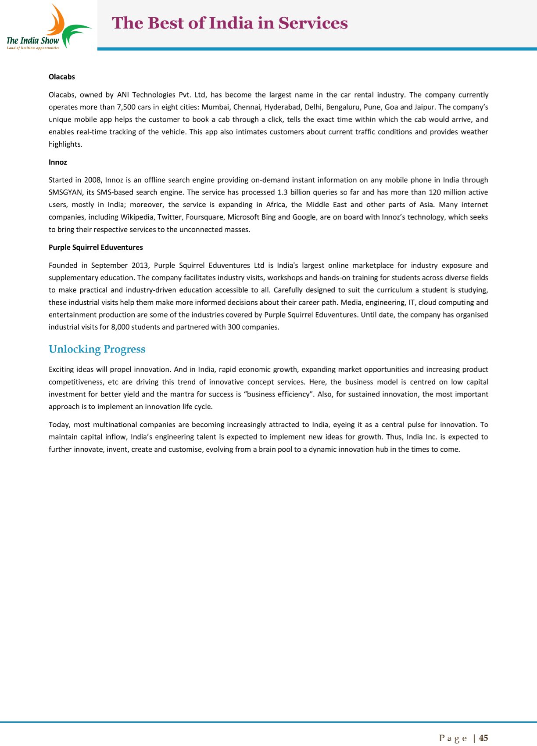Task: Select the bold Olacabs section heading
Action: pyautogui.click(x=62, y=77)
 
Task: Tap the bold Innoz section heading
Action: pyautogui.click(x=58, y=162)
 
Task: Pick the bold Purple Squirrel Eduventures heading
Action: pyautogui.click(x=96, y=248)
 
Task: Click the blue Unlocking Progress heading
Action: pyautogui.click(x=97, y=350)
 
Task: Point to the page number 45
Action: pyautogui.click(x=483, y=738)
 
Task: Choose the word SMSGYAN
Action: pyautogui.click(x=65, y=192)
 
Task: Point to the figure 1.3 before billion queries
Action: pyautogui.click(x=283, y=192)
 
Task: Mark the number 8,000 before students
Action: pyautogui.click(x=121, y=327)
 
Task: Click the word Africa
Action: pyautogui.click(x=276, y=205)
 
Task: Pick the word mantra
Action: pyautogui.click(x=173, y=394)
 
